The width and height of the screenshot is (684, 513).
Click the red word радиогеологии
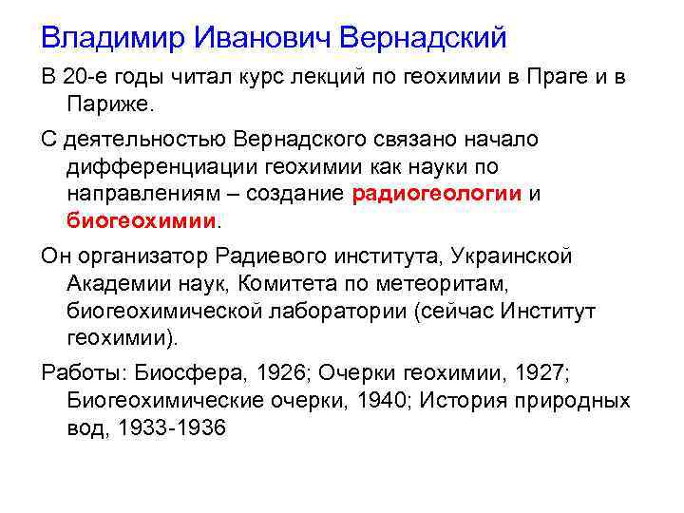point(436,194)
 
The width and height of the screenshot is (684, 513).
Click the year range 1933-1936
point(173,427)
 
